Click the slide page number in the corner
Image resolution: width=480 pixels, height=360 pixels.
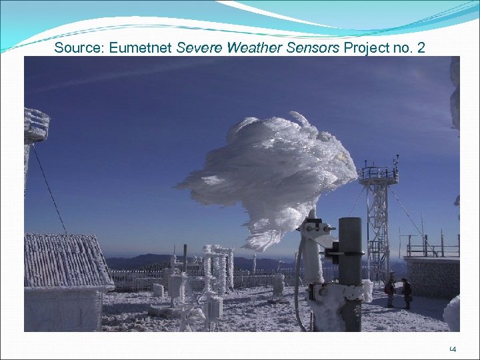tap(453, 348)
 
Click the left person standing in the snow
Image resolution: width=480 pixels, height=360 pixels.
tap(391, 291)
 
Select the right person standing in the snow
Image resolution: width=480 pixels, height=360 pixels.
tap(406, 292)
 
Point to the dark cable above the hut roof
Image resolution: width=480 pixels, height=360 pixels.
tap(50, 187)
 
